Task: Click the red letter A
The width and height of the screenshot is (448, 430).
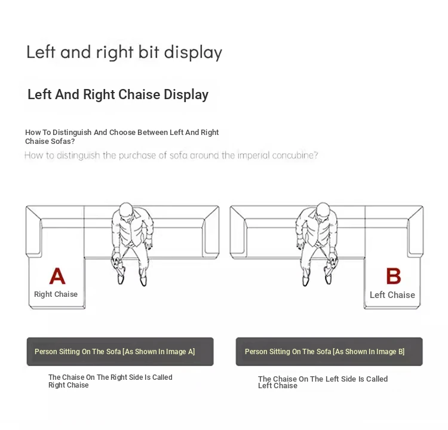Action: point(57,276)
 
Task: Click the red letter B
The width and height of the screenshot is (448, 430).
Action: point(394,276)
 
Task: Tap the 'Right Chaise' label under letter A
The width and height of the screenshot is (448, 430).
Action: point(56,294)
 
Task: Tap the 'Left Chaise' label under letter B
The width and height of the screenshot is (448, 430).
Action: point(392,295)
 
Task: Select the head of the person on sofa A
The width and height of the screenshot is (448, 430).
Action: point(125,210)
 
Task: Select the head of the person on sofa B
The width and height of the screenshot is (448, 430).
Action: point(323,210)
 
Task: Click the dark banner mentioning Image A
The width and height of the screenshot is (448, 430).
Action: point(120,352)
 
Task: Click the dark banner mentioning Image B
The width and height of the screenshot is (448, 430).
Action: point(329,352)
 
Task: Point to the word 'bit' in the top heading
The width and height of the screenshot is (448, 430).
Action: point(149,52)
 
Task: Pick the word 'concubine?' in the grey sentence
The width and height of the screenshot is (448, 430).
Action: point(295,155)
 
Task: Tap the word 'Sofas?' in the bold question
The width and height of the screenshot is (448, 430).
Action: point(63,142)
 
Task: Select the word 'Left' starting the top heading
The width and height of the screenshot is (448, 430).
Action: point(41,52)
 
